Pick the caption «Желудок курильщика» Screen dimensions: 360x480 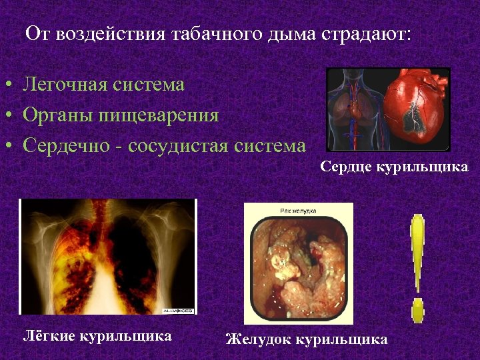[307, 339]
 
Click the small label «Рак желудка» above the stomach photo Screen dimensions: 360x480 [299, 211]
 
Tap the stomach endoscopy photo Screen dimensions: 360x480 [298, 267]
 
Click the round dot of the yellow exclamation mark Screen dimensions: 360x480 [418, 309]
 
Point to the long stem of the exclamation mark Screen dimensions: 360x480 [418, 253]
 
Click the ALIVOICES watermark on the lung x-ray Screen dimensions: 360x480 [177, 309]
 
